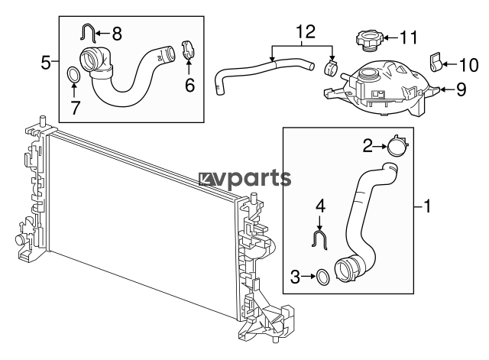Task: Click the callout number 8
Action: (x=117, y=34)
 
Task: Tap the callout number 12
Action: (x=306, y=32)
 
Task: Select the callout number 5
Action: (x=46, y=63)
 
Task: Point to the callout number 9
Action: (x=461, y=89)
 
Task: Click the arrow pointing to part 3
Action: (x=309, y=277)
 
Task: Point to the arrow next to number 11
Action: (x=390, y=38)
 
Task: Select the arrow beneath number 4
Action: (x=319, y=223)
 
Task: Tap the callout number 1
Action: (x=427, y=206)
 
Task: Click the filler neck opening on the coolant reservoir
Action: (x=368, y=75)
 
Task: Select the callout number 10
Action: (x=468, y=65)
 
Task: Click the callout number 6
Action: (x=190, y=85)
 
